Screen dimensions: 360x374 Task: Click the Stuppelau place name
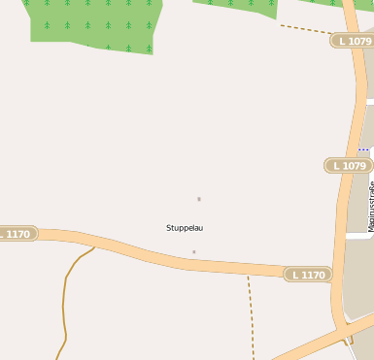click(x=185, y=228)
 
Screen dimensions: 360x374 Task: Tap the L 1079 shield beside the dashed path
click(x=352, y=41)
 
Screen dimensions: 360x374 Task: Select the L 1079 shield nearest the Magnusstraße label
click(x=348, y=166)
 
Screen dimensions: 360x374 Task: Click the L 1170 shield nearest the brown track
click(x=17, y=234)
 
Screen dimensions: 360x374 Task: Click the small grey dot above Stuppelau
click(x=199, y=199)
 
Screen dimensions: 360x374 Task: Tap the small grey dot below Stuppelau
click(x=193, y=252)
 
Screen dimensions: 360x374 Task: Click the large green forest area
click(x=92, y=21)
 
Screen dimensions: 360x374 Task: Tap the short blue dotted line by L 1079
click(x=363, y=149)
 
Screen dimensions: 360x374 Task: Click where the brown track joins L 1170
click(x=94, y=246)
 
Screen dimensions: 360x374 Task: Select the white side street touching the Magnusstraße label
click(x=358, y=235)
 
